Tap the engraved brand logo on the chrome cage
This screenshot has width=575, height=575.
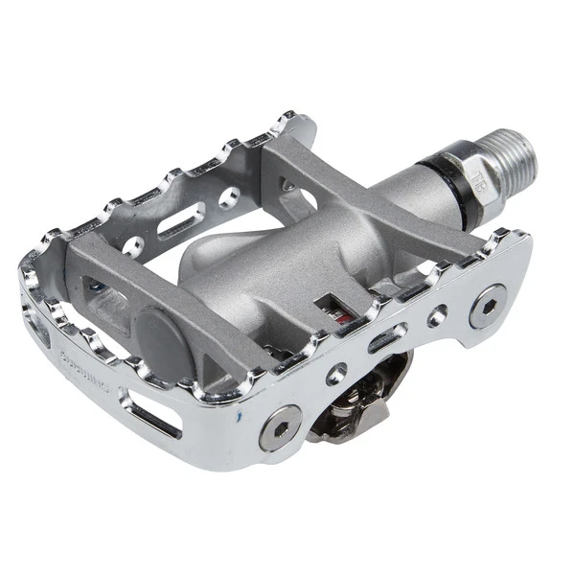83,363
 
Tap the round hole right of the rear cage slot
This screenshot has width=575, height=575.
228,199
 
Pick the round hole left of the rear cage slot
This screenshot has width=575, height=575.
133,246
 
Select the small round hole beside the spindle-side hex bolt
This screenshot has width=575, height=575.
438,314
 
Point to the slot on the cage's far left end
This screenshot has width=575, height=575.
38,326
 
